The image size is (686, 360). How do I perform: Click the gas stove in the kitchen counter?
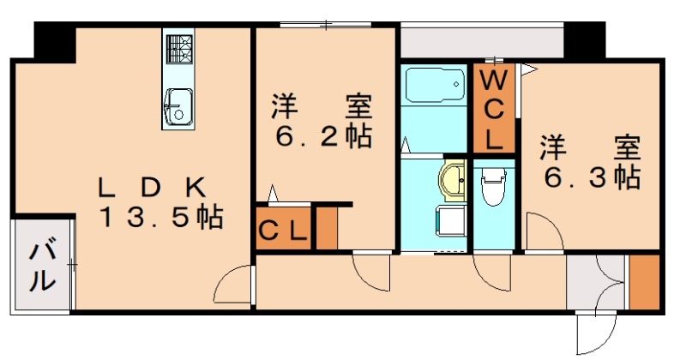point(180,49)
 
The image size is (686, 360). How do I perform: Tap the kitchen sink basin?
point(179,107)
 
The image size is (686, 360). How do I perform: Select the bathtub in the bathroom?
point(436,84)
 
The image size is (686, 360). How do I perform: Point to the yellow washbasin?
point(452,180)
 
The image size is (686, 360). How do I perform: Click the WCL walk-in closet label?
point(494,111)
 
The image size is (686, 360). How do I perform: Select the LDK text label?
point(152,188)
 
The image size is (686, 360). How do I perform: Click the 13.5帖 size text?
point(162,217)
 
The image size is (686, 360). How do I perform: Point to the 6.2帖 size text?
point(324,136)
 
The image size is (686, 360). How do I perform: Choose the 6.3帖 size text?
point(593,177)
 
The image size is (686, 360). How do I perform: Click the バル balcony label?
point(43,263)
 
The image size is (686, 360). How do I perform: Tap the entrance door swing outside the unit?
point(597,334)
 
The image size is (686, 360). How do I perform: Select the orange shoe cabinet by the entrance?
point(645,282)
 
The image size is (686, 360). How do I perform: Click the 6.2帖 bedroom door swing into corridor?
point(371,273)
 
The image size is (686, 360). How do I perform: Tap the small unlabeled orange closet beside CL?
point(327,227)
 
